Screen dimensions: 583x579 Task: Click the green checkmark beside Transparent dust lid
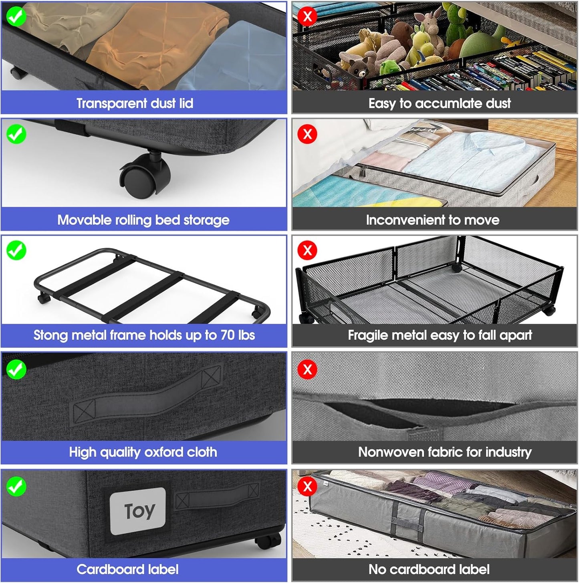(x=16, y=16)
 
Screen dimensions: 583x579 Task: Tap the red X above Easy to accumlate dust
(x=307, y=16)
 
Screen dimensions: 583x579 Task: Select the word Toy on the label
(x=139, y=511)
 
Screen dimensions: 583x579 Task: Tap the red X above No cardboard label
(x=307, y=486)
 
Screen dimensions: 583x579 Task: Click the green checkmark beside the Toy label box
(x=16, y=486)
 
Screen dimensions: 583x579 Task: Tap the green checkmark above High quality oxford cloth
(x=16, y=369)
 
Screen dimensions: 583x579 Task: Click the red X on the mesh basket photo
(x=307, y=250)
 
